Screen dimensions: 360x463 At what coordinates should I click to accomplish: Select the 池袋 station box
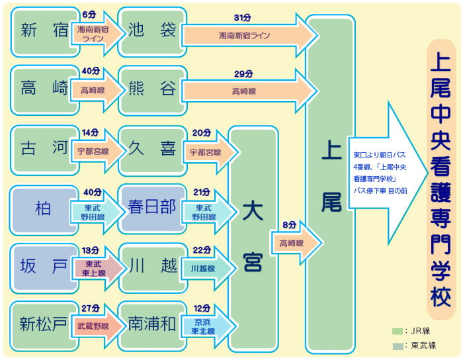click(x=151, y=31)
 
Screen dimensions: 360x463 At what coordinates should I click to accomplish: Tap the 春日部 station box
click(x=151, y=208)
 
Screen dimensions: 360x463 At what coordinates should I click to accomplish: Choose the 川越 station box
click(x=151, y=267)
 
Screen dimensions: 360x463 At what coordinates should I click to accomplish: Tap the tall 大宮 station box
click(x=252, y=238)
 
